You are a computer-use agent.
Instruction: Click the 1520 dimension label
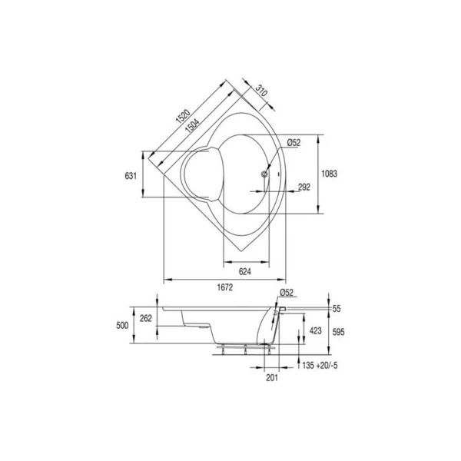point(183,115)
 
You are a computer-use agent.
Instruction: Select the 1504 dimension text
point(192,126)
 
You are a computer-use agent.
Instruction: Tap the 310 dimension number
point(261,91)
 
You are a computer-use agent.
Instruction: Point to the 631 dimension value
point(131,176)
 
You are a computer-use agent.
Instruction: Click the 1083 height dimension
point(329,174)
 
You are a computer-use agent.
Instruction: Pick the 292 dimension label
point(304,187)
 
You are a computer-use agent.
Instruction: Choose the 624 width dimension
point(245,271)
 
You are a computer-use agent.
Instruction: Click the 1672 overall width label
point(225,287)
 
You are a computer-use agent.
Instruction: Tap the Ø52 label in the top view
point(294,143)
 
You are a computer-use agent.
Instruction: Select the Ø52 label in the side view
point(287,293)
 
